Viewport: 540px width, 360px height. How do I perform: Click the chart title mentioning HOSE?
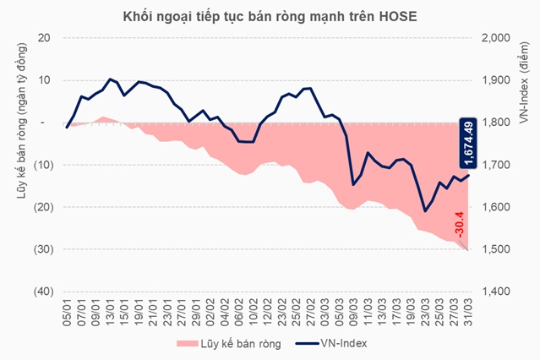[x=269, y=15]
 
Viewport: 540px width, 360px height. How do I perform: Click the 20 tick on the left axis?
[x=44, y=38]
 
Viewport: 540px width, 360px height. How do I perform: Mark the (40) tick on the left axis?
[x=41, y=292]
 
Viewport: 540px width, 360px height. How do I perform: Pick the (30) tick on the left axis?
[x=41, y=249]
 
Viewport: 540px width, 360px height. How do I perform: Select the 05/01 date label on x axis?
[x=66, y=312]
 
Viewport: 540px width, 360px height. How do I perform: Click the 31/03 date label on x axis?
[x=470, y=312]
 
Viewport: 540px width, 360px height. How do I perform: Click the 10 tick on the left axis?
[x=44, y=80]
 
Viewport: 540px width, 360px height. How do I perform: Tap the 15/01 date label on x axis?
[x=124, y=312]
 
